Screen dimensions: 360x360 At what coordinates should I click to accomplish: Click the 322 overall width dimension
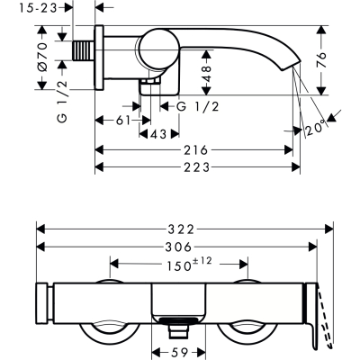pyautogui.click(x=181, y=229)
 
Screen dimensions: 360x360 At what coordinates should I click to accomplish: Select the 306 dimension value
pyautogui.click(x=178, y=247)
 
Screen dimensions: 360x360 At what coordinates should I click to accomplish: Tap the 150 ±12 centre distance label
pyautogui.click(x=189, y=265)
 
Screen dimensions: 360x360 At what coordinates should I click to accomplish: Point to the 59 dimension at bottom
pyautogui.click(x=179, y=352)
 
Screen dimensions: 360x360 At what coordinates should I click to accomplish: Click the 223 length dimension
pyautogui.click(x=196, y=167)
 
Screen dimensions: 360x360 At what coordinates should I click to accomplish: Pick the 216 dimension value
pyautogui.click(x=195, y=150)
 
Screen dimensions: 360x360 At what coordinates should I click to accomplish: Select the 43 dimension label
pyautogui.click(x=158, y=134)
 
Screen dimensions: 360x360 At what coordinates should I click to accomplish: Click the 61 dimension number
pyautogui.click(x=123, y=121)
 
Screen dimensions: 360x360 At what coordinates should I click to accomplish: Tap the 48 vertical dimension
pyautogui.click(x=206, y=74)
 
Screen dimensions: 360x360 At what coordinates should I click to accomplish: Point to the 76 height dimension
pyautogui.click(x=321, y=60)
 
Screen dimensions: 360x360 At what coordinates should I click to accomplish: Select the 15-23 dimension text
pyautogui.click(x=38, y=8)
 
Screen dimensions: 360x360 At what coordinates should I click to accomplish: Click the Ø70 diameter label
pyautogui.click(x=42, y=57)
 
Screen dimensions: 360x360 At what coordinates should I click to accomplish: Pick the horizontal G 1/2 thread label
pyautogui.click(x=198, y=106)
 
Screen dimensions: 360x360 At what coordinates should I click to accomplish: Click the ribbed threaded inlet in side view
pyautogui.click(x=84, y=50)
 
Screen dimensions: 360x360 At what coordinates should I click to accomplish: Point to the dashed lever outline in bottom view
pyautogui.click(x=327, y=318)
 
